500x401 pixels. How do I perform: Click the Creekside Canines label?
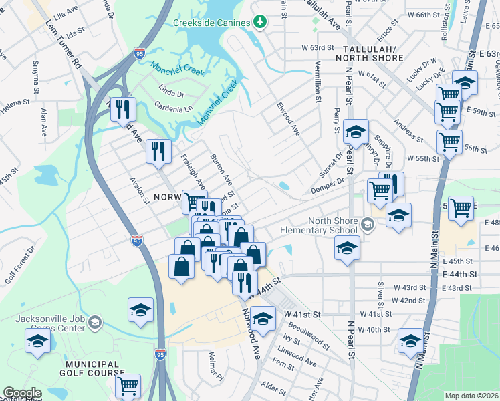[x=212, y=22]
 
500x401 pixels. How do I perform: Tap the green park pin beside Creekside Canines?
[x=260, y=22]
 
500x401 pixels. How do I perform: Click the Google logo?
[x=22, y=393]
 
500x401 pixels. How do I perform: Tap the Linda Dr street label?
[x=171, y=89]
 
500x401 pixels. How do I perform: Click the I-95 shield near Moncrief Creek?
[x=139, y=51]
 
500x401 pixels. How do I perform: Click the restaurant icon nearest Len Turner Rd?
[x=122, y=108]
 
